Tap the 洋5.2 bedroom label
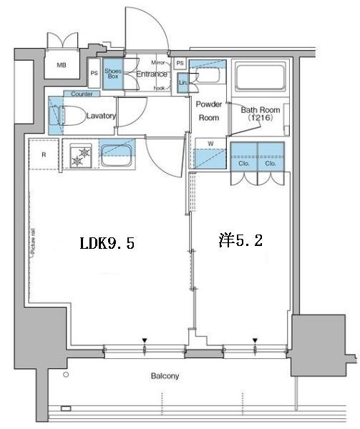240,241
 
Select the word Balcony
165,376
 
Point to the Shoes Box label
112,73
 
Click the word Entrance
151,74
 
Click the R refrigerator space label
43,154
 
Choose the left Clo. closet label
244,163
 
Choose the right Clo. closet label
271,163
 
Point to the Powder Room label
208,111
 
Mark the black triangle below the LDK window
145,340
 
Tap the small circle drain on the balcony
65,375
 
